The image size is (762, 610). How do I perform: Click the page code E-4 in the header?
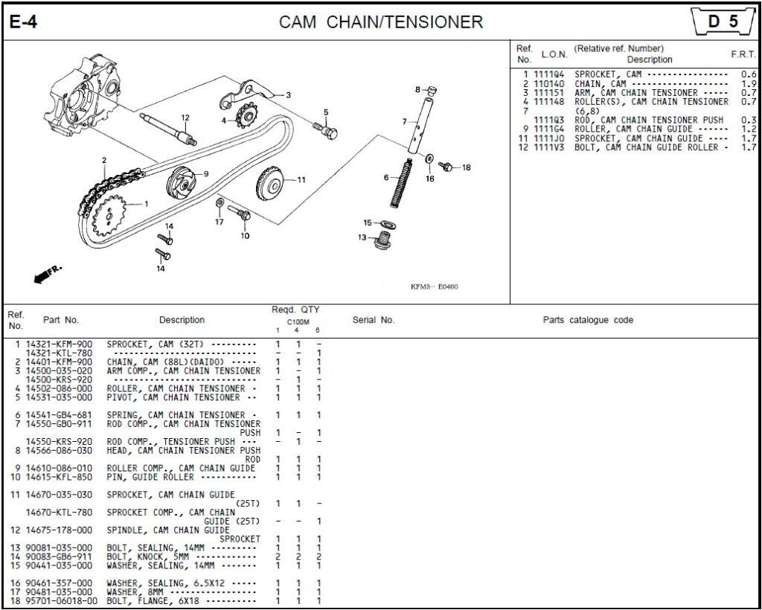click(23, 22)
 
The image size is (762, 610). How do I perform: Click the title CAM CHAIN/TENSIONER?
click(380, 22)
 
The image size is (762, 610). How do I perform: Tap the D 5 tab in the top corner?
click(722, 22)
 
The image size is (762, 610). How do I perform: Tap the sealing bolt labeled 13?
click(384, 240)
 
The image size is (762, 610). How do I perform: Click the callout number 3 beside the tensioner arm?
click(288, 95)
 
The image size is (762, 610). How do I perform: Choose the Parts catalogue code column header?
click(587, 320)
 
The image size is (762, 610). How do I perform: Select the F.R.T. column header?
click(743, 54)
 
